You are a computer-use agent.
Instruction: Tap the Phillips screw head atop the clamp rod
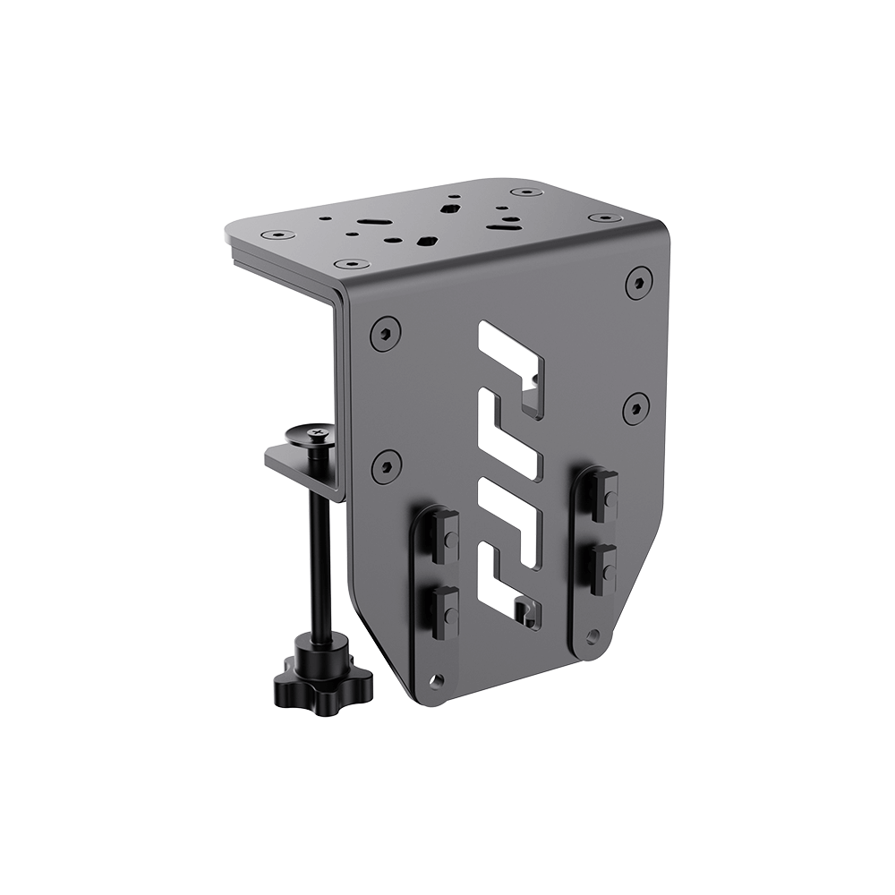tap(315, 435)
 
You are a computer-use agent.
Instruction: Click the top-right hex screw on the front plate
tap(638, 282)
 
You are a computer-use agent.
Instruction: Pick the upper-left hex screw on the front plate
tap(385, 334)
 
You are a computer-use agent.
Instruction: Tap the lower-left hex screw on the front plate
tap(386, 465)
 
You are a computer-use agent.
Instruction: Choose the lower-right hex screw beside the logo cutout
tap(635, 407)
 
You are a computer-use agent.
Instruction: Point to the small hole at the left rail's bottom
tap(436, 681)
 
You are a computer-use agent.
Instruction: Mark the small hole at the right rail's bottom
tap(592, 635)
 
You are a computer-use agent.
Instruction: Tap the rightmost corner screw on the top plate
tap(606, 217)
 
